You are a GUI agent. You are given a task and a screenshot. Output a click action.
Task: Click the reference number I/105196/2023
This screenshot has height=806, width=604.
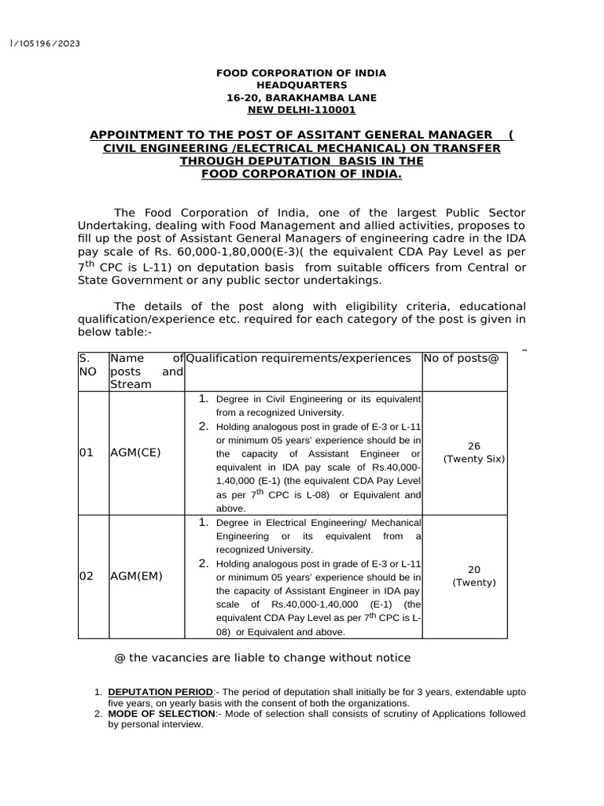[x=46, y=43]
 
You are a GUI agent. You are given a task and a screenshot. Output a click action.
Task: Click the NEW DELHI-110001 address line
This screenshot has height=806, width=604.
[x=301, y=110]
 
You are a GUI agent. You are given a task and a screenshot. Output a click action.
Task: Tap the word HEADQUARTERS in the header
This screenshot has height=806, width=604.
[x=301, y=85]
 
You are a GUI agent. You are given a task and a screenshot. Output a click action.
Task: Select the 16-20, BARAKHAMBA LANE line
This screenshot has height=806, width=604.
[x=301, y=98]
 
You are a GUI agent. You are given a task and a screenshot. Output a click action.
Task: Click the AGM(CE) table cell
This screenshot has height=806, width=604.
[x=136, y=453]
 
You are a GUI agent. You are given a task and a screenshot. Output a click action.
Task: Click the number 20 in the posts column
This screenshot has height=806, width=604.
[x=474, y=568]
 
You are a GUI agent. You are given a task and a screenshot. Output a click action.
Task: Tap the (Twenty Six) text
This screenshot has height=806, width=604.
[x=474, y=459]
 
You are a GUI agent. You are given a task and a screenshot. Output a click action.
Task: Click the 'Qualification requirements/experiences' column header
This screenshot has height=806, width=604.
[x=298, y=359]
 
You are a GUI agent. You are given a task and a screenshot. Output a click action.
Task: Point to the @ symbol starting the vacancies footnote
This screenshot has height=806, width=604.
[x=120, y=658]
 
